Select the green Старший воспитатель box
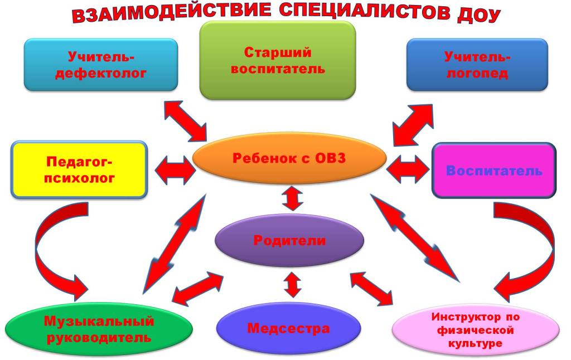click(278, 60)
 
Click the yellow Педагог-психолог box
click(79, 170)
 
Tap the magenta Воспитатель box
click(494, 170)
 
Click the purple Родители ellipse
click(289, 241)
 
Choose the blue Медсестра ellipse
click(288, 328)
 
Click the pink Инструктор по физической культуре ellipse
click(476, 330)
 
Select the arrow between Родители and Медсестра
click(291, 284)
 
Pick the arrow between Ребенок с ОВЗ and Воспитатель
click(408, 169)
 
